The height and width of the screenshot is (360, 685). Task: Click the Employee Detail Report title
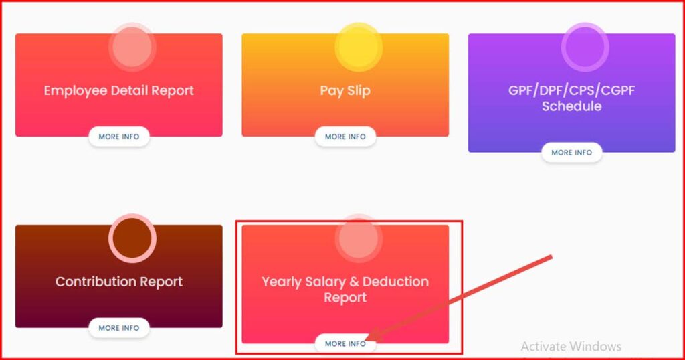click(119, 91)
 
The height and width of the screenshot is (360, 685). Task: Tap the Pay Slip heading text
click(345, 91)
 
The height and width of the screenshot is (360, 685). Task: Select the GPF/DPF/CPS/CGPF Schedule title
click(571, 98)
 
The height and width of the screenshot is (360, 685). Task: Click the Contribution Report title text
click(119, 282)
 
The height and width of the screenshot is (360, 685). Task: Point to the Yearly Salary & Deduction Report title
click(345, 289)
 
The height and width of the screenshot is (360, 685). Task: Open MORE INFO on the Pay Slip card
click(345, 137)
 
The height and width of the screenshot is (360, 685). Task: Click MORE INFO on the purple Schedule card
click(571, 153)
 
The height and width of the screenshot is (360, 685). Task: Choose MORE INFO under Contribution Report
click(119, 328)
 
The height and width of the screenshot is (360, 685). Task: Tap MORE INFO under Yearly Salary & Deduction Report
click(345, 343)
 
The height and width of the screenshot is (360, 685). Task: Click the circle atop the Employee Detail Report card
click(132, 48)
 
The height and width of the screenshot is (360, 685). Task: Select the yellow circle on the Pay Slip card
click(359, 48)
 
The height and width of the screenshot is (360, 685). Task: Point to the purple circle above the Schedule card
click(585, 48)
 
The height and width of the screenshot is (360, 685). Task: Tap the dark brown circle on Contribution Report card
click(132, 238)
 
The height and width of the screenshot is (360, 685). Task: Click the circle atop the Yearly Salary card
click(359, 238)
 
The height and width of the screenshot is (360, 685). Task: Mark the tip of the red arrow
click(366, 340)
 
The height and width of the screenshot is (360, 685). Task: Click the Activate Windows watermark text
click(571, 347)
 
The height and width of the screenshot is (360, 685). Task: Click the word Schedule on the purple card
click(571, 106)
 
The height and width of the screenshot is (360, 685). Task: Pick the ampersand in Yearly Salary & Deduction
click(355, 282)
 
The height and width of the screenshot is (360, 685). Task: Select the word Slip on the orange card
click(359, 91)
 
